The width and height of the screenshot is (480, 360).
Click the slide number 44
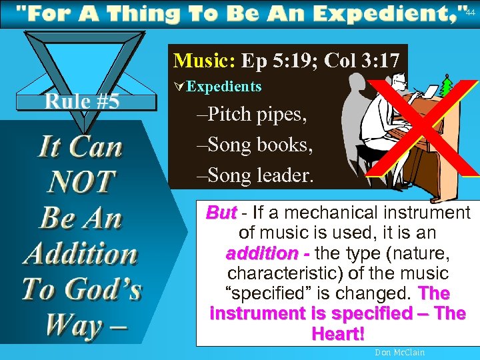click(471, 12)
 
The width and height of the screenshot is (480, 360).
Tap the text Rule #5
click(82, 102)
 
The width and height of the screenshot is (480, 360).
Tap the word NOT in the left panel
click(82, 181)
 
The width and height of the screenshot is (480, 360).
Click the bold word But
click(221, 213)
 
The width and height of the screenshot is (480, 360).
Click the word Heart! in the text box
click(337, 333)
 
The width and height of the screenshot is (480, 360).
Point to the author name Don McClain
click(400, 352)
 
